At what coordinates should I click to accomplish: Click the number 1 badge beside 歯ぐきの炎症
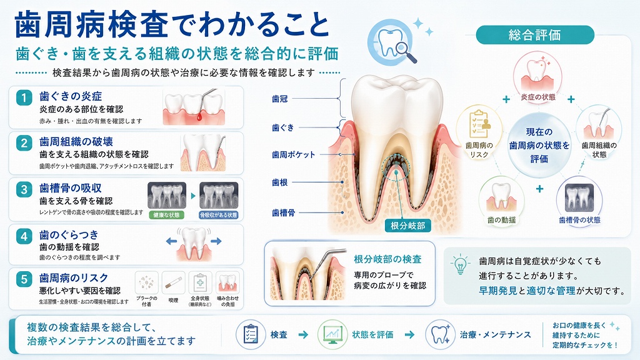tap(24, 97)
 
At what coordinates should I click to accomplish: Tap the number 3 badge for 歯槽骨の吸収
tap(24, 189)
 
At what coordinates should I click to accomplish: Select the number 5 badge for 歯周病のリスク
tap(24, 279)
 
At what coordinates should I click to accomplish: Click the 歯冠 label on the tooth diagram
tap(280, 99)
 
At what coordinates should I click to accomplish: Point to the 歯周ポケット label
tap(294, 155)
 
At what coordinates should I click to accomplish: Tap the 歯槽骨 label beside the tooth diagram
tap(283, 212)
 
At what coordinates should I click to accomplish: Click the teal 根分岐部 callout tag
tap(407, 226)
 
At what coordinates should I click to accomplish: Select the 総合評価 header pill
tap(535, 35)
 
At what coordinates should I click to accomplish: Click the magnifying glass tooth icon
tap(391, 43)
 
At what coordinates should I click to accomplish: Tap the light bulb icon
tap(461, 264)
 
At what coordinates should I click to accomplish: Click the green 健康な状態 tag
tap(166, 215)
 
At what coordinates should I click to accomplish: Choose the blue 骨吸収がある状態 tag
tap(218, 215)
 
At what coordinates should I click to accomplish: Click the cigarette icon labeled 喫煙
tap(173, 282)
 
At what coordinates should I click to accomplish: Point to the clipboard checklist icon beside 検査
tap(251, 335)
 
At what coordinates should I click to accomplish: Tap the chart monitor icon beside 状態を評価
tap(332, 335)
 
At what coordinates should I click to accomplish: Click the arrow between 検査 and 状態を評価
tap(303, 335)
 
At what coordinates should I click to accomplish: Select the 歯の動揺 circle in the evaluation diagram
tap(501, 201)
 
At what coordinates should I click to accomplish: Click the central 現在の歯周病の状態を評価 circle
tap(539, 145)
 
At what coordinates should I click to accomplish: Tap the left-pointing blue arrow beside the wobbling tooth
tap(171, 241)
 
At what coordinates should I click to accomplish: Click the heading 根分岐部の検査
tap(387, 259)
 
